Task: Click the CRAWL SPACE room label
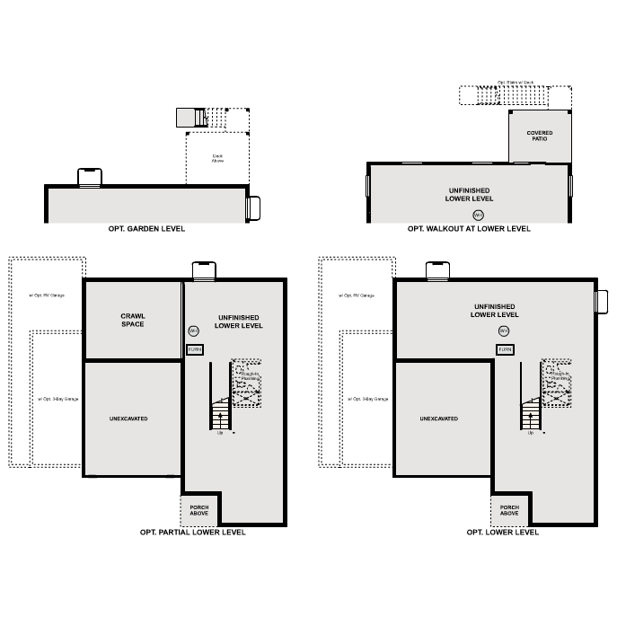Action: [133, 320]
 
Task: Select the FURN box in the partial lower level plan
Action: [195, 348]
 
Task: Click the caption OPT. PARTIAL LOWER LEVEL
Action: [192, 533]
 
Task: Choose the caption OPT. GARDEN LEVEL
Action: [145, 229]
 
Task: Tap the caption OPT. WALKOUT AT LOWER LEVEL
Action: [469, 229]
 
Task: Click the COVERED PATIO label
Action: [540, 136]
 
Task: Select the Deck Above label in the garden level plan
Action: [217, 158]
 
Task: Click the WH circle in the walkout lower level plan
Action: [478, 215]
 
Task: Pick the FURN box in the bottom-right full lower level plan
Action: [506, 348]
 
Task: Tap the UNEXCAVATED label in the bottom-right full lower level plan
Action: [438, 419]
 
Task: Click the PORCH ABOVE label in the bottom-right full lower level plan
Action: [508, 510]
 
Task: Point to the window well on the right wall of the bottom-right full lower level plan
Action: [602, 303]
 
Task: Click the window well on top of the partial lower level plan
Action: [204, 270]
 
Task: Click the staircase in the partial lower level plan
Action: [221, 416]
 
